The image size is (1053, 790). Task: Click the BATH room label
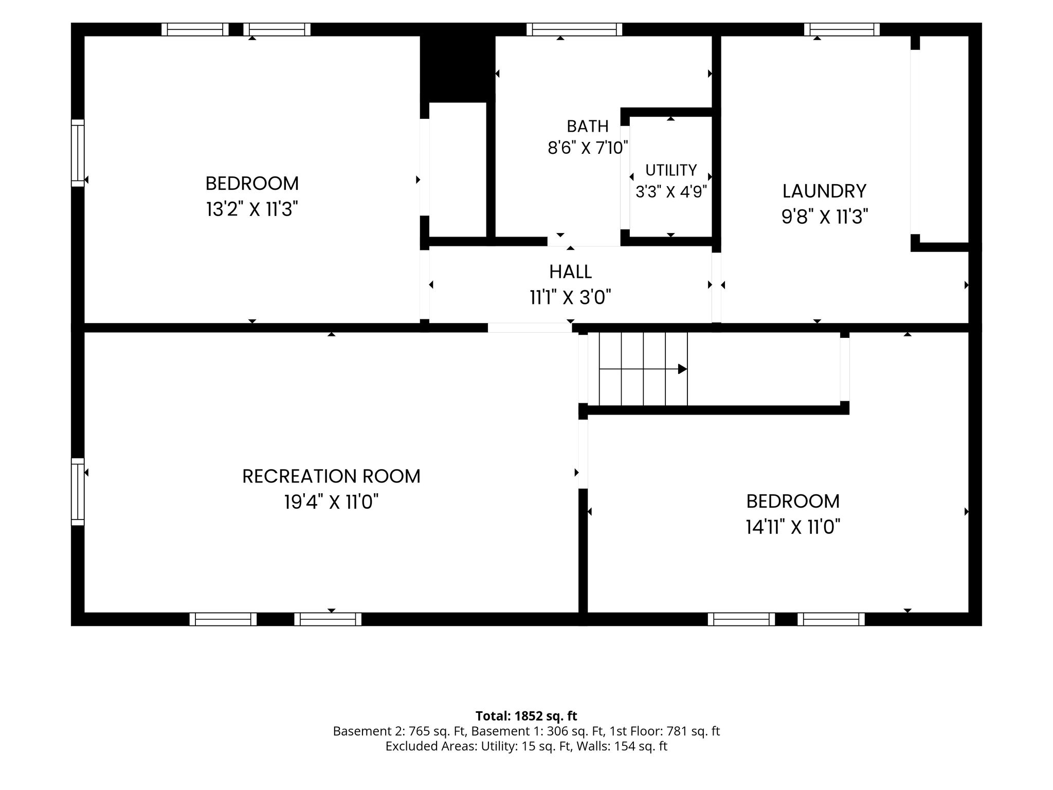pos(588,126)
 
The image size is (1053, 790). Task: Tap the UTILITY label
pos(671,170)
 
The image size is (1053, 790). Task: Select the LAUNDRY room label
pos(824,191)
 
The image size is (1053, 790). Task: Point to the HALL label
pos(570,272)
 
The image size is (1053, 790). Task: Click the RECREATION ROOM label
pos(331,476)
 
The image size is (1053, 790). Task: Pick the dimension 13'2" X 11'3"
pos(252,209)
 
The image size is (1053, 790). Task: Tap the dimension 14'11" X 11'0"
pos(793,527)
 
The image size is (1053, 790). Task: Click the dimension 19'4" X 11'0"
pos(331,501)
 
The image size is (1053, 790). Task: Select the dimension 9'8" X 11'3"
pos(825,217)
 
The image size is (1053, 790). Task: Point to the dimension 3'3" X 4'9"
pos(671,192)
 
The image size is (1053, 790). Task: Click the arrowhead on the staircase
pos(683,369)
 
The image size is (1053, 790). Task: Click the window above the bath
pos(574,29)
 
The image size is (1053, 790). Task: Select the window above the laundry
pos(842,29)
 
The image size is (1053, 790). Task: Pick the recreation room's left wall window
pos(77,492)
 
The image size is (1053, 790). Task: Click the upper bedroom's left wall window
pos(77,153)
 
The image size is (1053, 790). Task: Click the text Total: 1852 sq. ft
pos(526,716)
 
